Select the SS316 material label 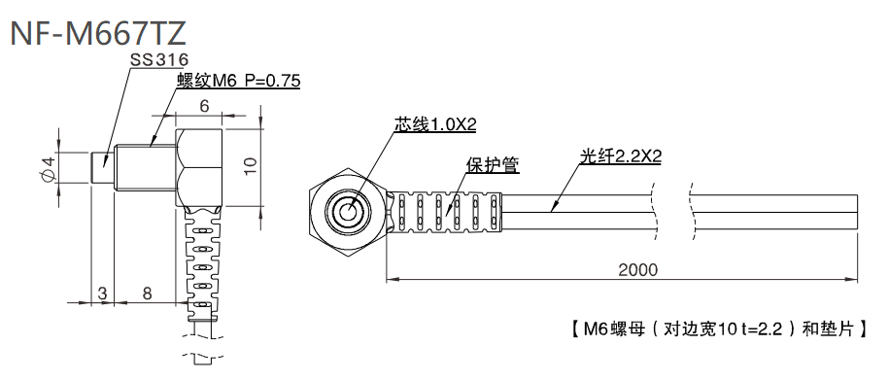click(x=159, y=60)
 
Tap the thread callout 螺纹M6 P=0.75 click(x=237, y=82)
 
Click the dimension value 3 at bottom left click(x=100, y=292)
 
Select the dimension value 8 click(x=146, y=292)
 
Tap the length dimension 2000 click(x=637, y=269)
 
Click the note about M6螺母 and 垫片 click(x=714, y=328)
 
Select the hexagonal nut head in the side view click(x=201, y=166)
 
